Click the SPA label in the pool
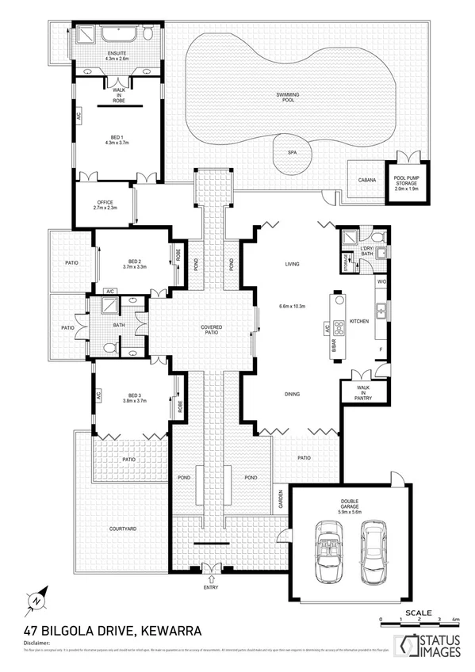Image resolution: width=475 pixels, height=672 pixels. click(x=292, y=151)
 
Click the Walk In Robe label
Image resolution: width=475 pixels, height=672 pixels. click(x=117, y=95)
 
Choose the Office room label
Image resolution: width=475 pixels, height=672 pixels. click(x=105, y=204)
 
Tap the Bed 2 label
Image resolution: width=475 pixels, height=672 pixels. click(x=134, y=264)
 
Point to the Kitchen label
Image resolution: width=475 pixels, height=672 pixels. click(x=360, y=322)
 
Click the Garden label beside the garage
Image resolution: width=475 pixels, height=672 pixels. click(x=280, y=498)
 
